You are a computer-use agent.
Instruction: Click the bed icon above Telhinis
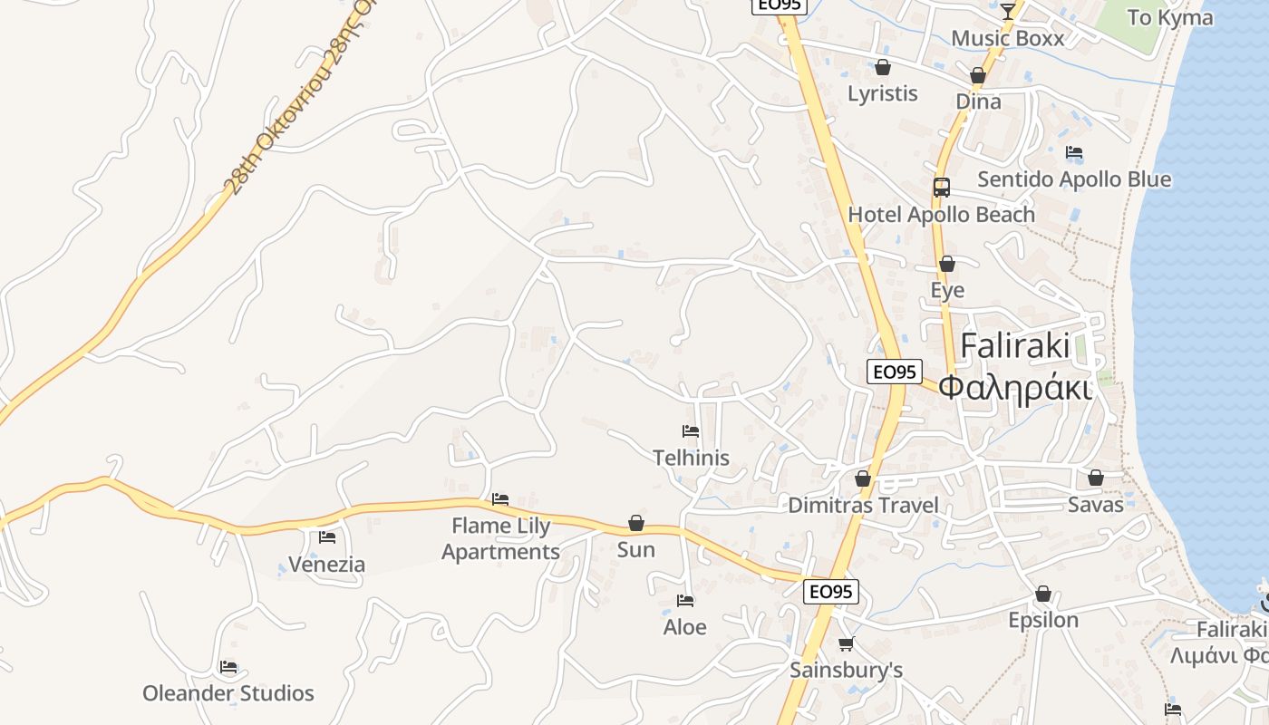click(691, 431)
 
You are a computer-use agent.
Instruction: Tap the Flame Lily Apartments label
click(500, 538)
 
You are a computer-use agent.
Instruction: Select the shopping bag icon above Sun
click(636, 524)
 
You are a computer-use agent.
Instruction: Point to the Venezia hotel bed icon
click(327, 537)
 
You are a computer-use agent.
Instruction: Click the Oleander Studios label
click(228, 693)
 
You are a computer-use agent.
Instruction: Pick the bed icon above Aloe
click(685, 600)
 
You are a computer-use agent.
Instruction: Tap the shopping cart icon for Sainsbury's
click(846, 643)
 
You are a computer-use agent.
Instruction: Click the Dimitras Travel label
click(863, 505)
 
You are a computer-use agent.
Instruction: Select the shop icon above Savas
click(1096, 478)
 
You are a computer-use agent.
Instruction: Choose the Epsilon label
click(1043, 620)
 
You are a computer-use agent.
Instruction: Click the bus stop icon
click(942, 188)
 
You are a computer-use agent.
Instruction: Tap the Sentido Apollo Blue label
click(1074, 179)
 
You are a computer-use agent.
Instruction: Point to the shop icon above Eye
click(947, 264)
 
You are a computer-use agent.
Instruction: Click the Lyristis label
click(882, 93)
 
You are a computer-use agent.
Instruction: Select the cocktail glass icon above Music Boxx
click(1007, 12)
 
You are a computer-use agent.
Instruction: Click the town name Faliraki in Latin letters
click(1014, 345)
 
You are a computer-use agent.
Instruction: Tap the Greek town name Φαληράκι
click(1013, 387)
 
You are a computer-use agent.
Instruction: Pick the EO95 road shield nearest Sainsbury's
click(830, 592)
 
